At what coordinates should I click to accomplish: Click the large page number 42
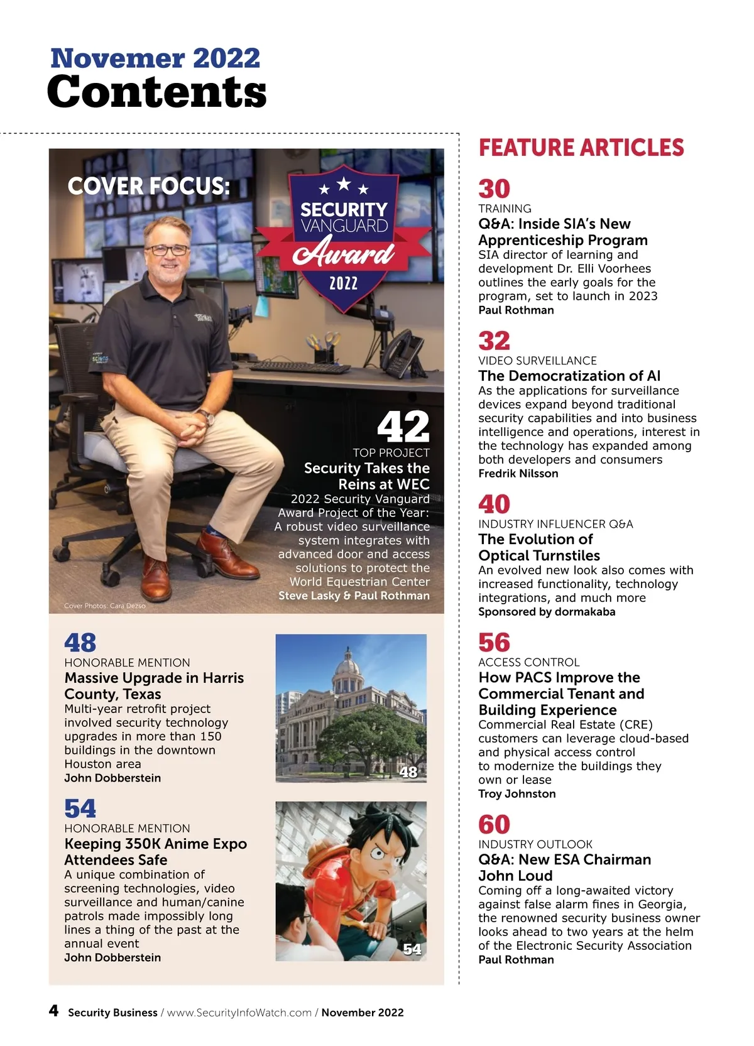(403, 427)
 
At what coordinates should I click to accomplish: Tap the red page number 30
(494, 188)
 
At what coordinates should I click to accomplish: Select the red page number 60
(494, 824)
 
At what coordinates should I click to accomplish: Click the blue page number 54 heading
(80, 809)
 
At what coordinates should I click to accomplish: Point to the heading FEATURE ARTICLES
(581, 148)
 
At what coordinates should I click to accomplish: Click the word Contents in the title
(157, 92)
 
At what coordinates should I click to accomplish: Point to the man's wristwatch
(205, 417)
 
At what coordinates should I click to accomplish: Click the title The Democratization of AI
(569, 376)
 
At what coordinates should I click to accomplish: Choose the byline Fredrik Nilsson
(518, 474)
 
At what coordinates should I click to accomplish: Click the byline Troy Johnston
(517, 793)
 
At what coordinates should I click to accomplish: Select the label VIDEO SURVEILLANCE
(537, 361)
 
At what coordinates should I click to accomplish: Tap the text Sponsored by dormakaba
(547, 612)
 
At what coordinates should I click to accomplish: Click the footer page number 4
(54, 1010)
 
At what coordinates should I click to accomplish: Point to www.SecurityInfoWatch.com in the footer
(239, 1013)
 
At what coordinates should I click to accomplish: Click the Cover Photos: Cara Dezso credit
(105, 606)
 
